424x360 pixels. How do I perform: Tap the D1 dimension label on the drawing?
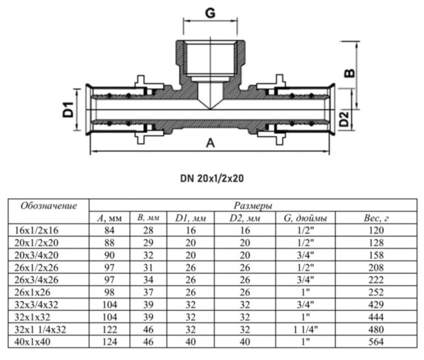[68, 110]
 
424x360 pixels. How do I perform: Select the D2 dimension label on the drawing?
[343, 119]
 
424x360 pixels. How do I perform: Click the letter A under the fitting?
[210, 143]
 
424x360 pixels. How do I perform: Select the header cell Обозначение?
[49, 206]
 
